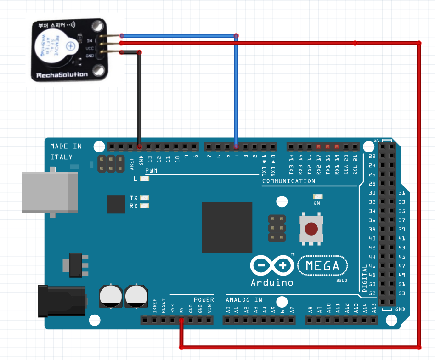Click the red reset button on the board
311,229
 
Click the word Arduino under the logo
272,282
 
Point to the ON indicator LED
317,197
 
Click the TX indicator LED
145,198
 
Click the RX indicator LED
145,206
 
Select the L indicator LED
145,179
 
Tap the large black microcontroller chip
227,227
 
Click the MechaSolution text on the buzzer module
62,75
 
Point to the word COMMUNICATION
288,181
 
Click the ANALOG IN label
244,300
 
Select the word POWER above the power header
203,300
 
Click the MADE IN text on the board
66,146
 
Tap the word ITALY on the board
61,157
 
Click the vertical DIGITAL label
365,278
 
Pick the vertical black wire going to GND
140,99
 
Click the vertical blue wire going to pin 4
237,92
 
